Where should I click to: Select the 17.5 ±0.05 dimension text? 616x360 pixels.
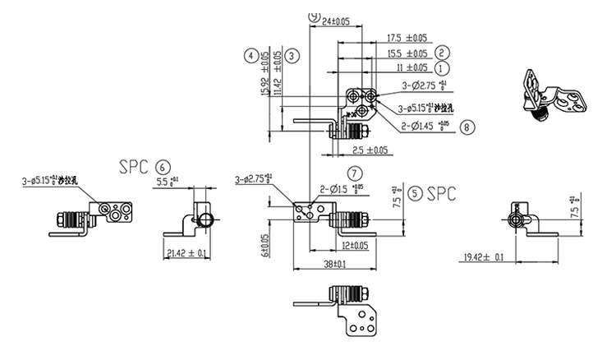(x=407, y=38)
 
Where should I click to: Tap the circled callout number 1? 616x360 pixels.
(x=443, y=68)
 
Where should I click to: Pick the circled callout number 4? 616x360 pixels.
(x=250, y=56)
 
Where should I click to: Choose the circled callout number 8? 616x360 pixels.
(x=467, y=127)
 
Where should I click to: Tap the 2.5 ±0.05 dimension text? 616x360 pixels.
(x=370, y=150)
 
